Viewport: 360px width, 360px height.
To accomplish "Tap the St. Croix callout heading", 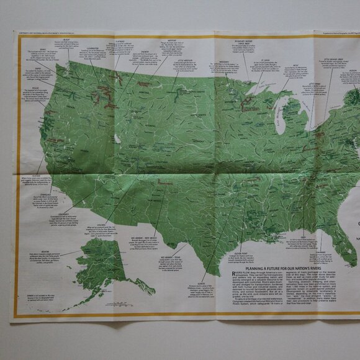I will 266,61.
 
